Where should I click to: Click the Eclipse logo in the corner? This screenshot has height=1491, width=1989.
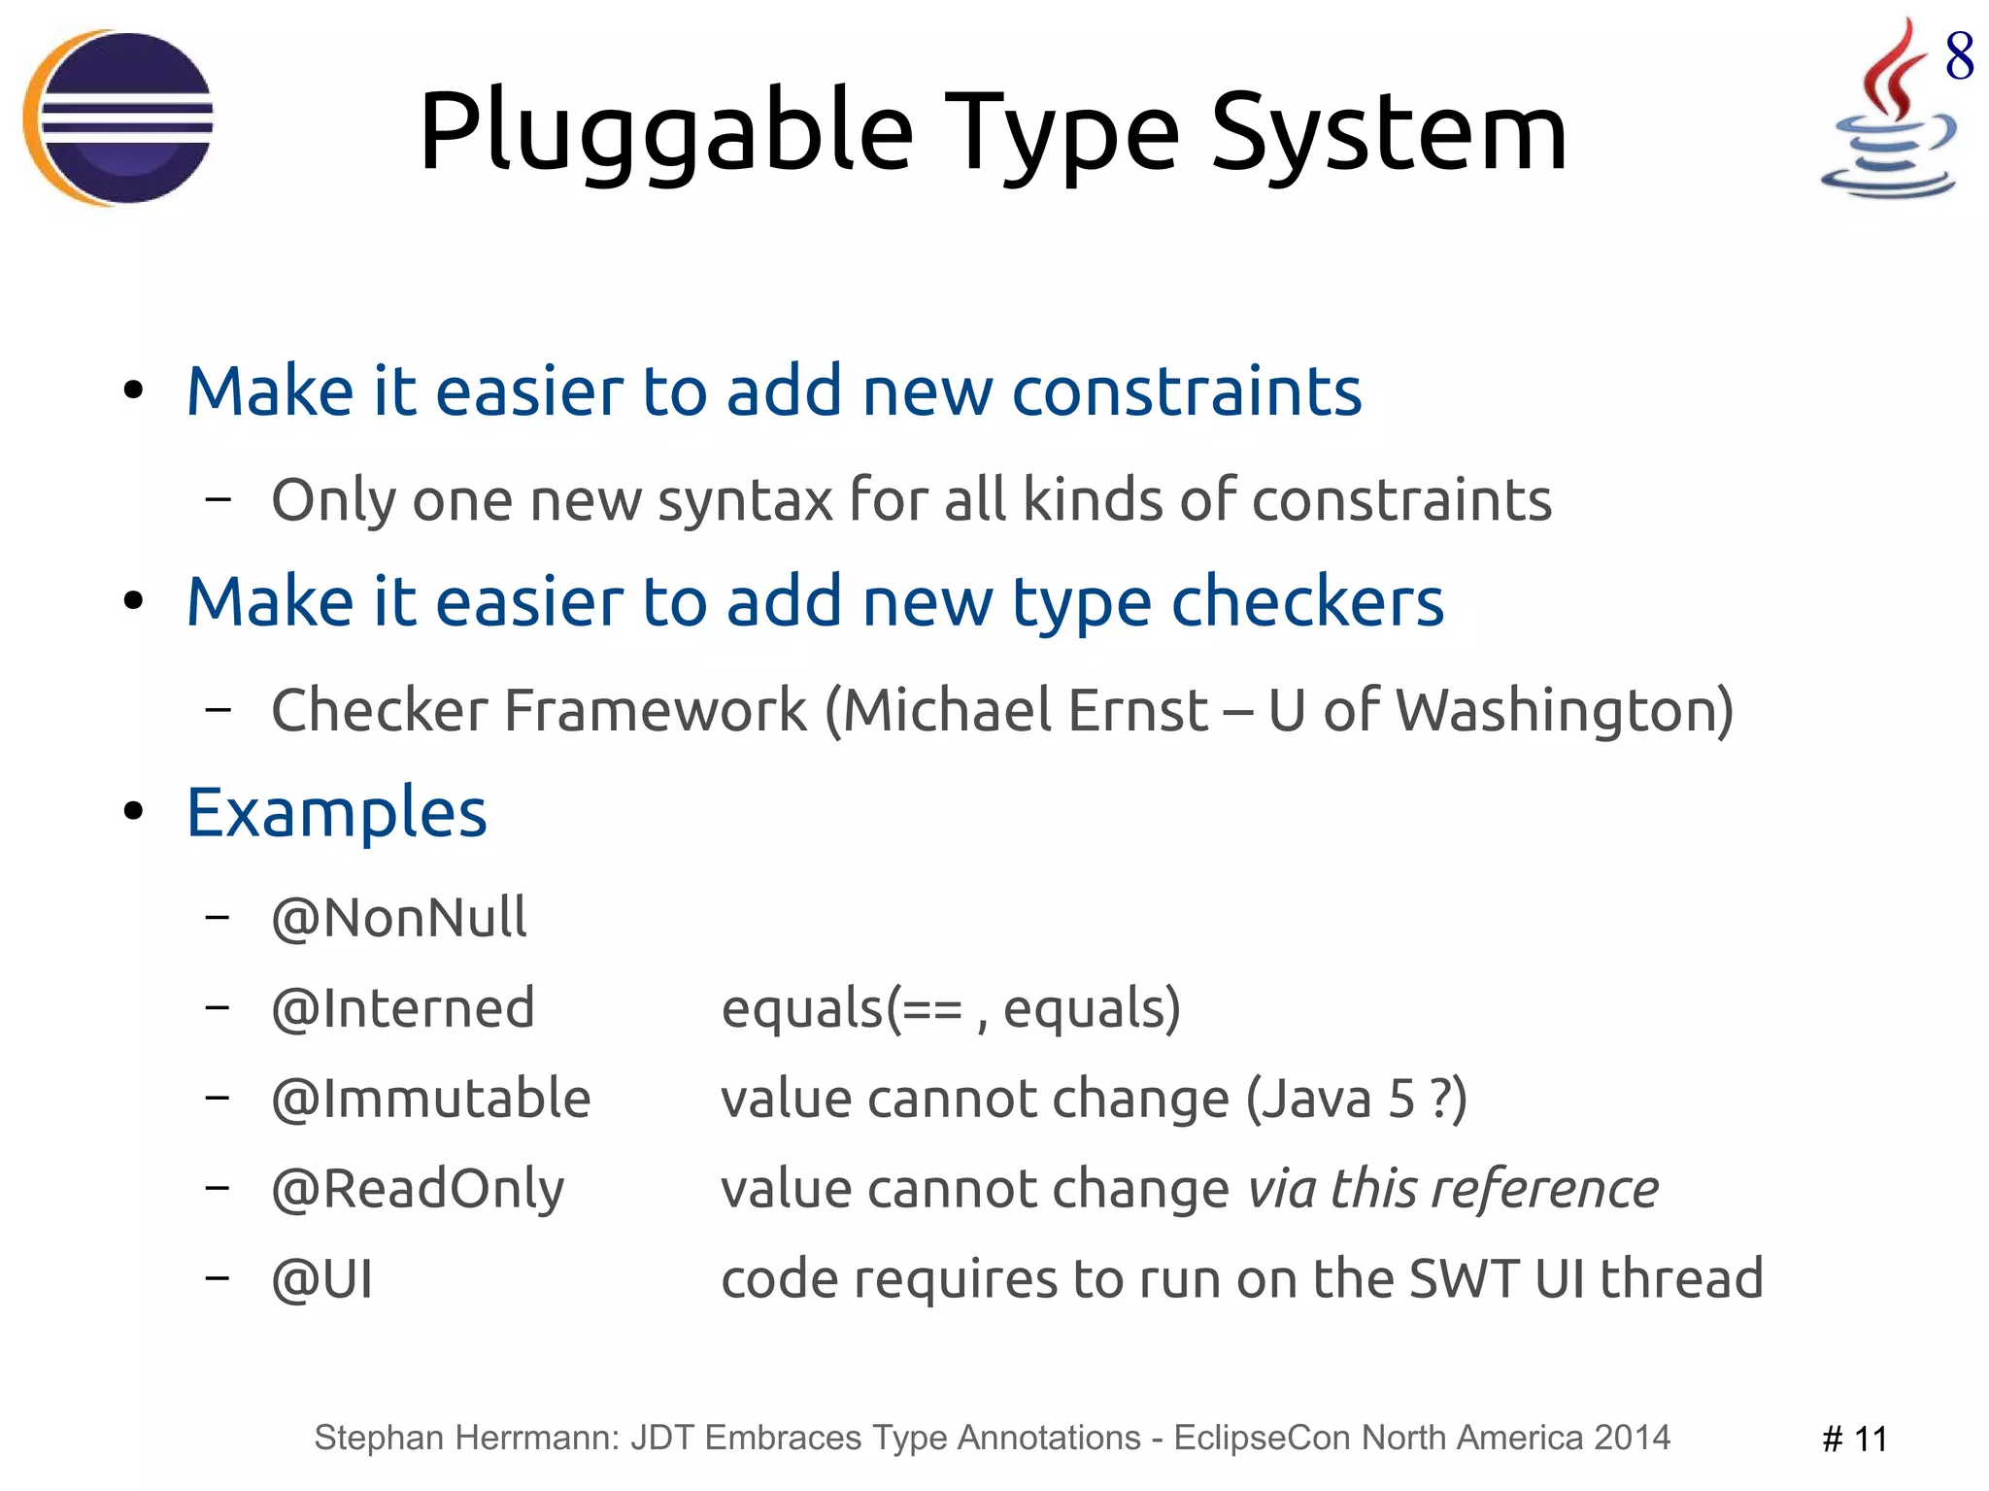118,118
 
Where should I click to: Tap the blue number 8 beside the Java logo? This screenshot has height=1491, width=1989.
1959,55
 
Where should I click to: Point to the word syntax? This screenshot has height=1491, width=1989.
745,501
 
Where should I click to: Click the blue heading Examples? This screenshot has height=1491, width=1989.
337,812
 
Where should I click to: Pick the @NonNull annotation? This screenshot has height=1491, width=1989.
399,917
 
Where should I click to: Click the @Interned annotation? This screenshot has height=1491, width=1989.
403,1007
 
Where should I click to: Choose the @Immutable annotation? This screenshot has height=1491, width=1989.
431,1099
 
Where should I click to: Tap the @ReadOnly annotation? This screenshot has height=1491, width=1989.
418,1189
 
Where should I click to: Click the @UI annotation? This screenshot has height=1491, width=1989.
322,1279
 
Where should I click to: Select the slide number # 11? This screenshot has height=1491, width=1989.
1854,1439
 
